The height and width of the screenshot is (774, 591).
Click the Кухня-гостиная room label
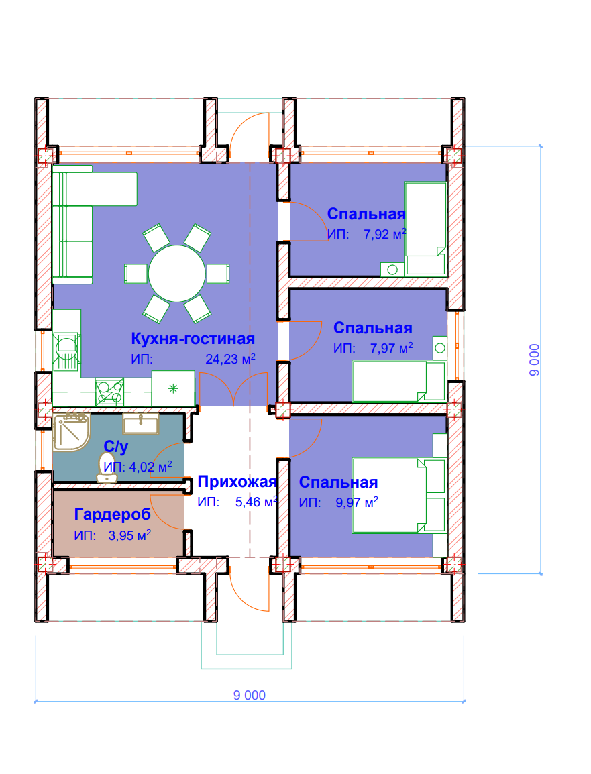(193, 339)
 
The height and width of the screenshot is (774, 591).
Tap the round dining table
(176, 274)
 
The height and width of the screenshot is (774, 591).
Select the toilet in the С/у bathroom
(107, 467)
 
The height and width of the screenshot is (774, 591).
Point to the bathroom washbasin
(141, 424)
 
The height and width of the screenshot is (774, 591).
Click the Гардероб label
(113, 514)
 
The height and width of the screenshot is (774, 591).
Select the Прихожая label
(237, 482)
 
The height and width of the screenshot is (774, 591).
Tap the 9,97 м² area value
(357, 502)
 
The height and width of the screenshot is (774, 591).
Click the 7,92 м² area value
(384, 234)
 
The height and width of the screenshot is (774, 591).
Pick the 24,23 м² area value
(230, 359)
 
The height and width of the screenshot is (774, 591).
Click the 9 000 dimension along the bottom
(250, 695)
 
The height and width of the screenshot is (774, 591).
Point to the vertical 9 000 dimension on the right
(534, 360)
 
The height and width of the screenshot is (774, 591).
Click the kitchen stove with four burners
(109, 392)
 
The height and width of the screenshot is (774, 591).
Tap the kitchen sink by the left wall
(66, 351)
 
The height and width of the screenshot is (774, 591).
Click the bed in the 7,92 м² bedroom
(425, 229)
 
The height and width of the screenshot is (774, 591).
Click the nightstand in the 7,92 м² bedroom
(392, 270)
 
